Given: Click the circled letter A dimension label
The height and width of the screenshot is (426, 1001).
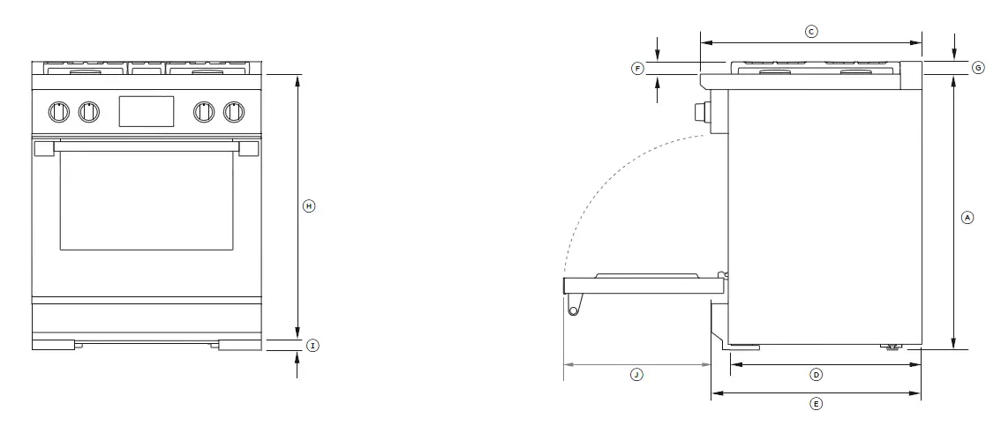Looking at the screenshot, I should pos(967,216).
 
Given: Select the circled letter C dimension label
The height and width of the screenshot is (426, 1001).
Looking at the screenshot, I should pos(811,31).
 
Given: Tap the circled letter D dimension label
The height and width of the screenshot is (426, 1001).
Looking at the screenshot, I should pos(817,375).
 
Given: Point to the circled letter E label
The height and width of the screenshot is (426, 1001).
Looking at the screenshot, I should pos(817,404).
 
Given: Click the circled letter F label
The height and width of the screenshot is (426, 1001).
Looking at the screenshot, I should pos(638,68).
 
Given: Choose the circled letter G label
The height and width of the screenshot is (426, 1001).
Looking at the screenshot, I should pos(977,68).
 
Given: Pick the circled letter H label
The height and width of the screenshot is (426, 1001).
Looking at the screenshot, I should pos(308,206).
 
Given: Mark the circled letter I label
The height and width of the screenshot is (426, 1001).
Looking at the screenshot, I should pos(312,345).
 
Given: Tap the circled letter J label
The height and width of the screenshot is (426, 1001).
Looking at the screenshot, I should pos(636,375).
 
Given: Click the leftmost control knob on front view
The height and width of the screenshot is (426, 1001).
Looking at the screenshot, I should pos(58,111).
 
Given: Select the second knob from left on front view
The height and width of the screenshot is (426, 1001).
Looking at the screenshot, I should pos(88,111).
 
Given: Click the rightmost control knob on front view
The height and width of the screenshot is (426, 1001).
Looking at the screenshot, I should pos(234,111).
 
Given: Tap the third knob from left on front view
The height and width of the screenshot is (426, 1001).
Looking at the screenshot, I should pos(204,111).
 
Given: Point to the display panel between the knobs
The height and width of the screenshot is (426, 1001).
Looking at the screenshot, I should pos(147,110).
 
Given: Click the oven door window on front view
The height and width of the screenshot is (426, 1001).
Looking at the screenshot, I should pos(147,199).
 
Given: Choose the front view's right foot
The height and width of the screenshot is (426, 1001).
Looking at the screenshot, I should pos(240,345).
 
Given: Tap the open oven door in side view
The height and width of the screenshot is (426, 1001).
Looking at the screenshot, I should pos(644,282).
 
